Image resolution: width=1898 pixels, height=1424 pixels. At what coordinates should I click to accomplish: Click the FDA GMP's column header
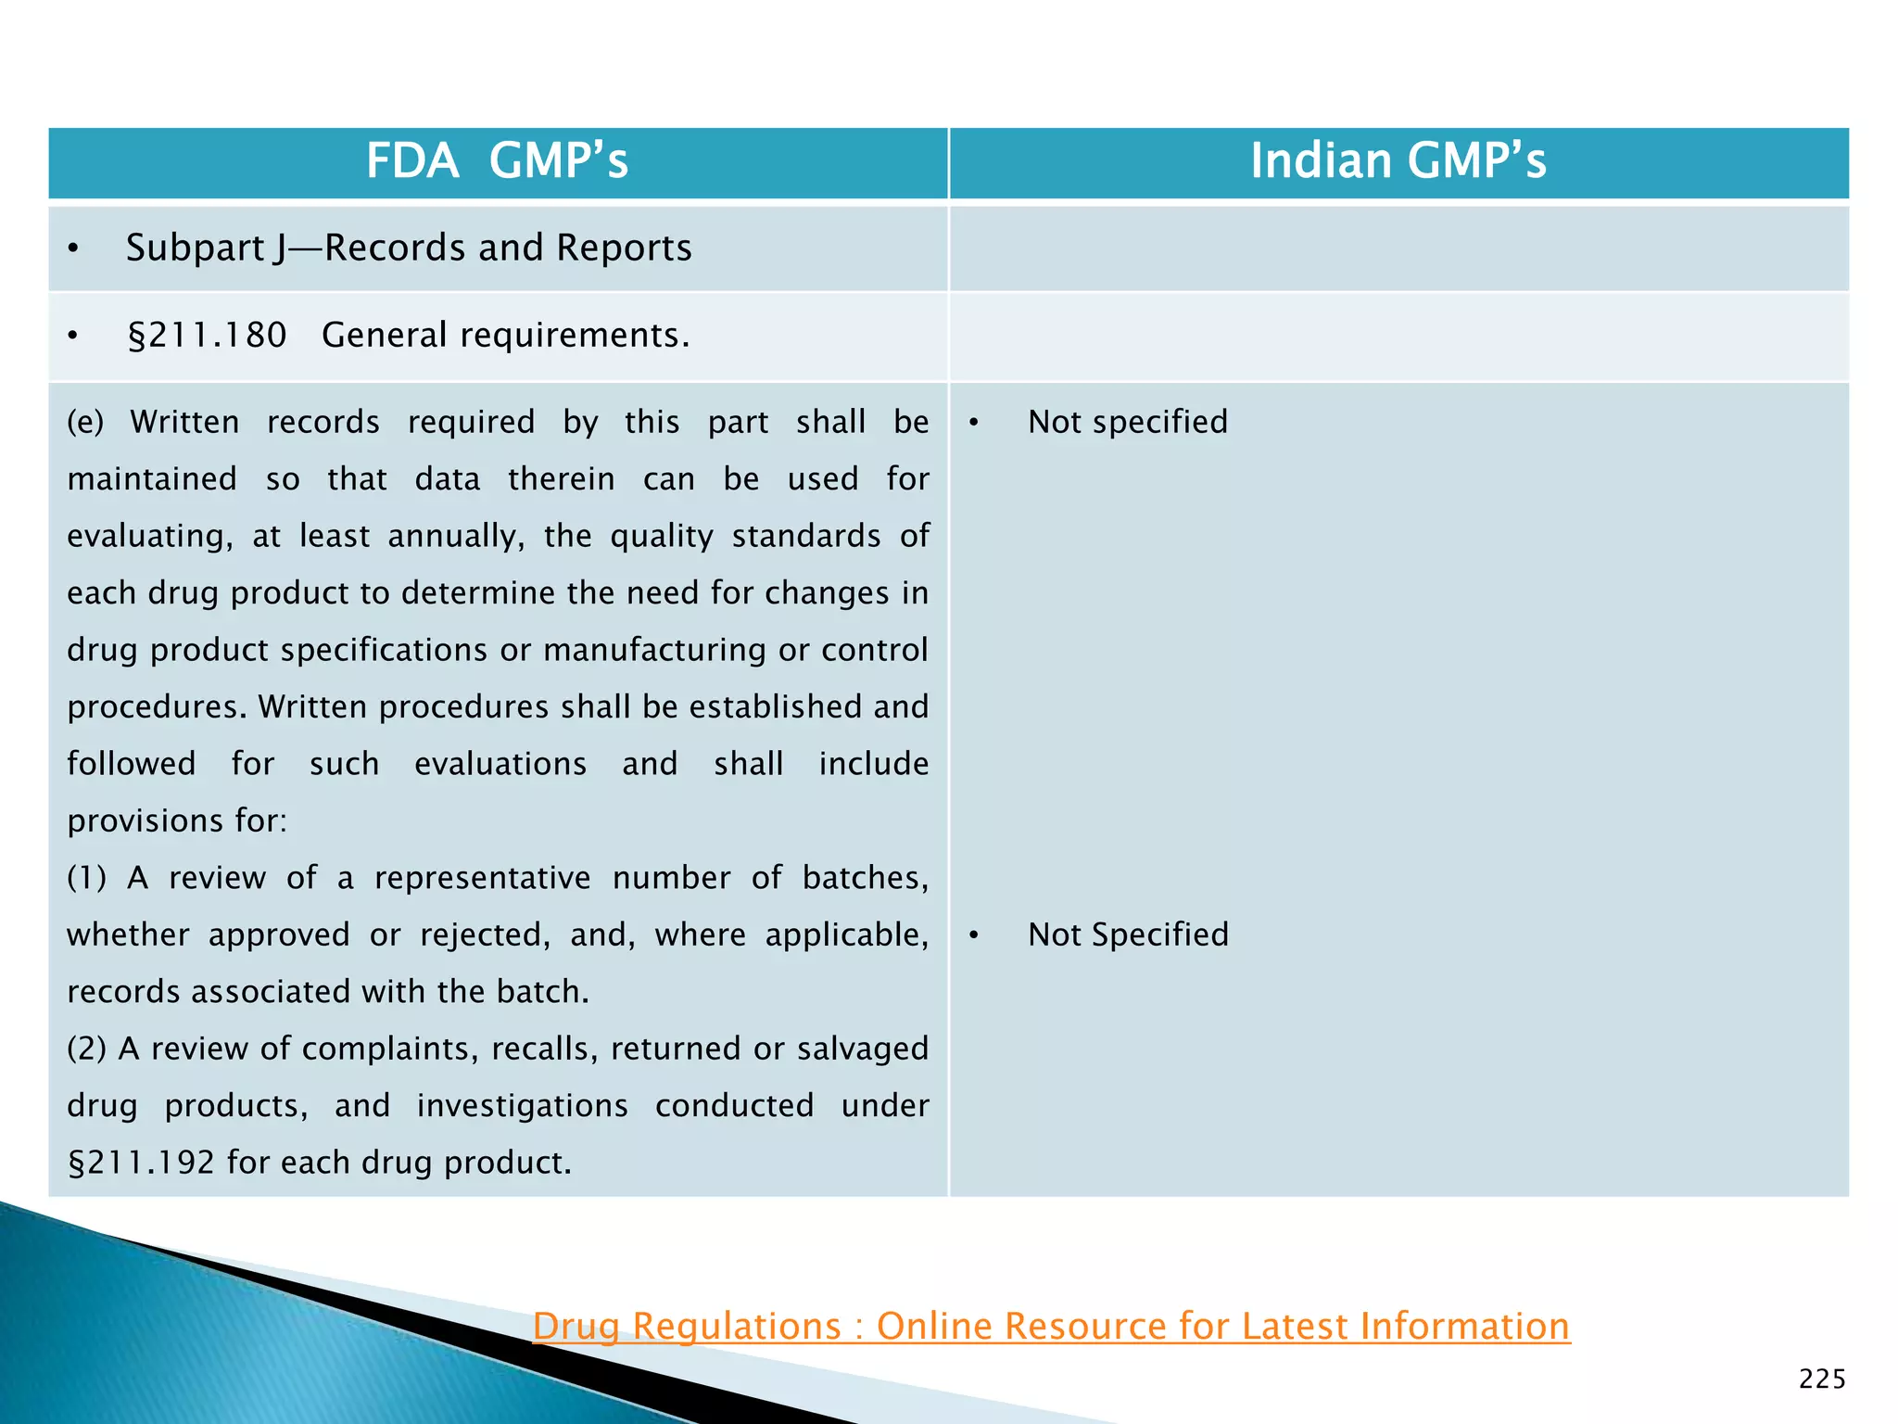tap(497, 160)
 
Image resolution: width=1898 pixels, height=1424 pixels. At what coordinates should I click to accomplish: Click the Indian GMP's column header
tap(1398, 160)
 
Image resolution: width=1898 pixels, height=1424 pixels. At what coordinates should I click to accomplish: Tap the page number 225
tap(1822, 1379)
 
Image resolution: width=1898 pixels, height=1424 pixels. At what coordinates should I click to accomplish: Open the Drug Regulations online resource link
tap(1051, 1326)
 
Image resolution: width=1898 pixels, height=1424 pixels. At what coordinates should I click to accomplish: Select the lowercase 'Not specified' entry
tap(1127, 422)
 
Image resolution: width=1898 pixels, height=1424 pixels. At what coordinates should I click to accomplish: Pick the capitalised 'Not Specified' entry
tap(1128, 934)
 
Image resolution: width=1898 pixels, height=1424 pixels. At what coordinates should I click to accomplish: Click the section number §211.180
tap(207, 335)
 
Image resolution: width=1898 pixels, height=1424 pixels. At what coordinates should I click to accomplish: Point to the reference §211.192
tap(141, 1163)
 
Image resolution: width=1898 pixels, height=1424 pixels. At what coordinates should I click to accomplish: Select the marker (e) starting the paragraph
tap(85, 422)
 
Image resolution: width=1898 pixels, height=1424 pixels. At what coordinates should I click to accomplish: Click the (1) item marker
tap(86, 878)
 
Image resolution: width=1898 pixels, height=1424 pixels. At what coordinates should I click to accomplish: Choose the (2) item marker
tap(86, 1049)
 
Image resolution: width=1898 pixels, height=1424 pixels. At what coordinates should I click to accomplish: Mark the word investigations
tap(522, 1106)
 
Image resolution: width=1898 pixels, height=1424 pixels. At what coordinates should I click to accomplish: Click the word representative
tap(482, 878)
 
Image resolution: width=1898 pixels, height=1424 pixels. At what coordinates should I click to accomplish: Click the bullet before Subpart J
tap(73, 248)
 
